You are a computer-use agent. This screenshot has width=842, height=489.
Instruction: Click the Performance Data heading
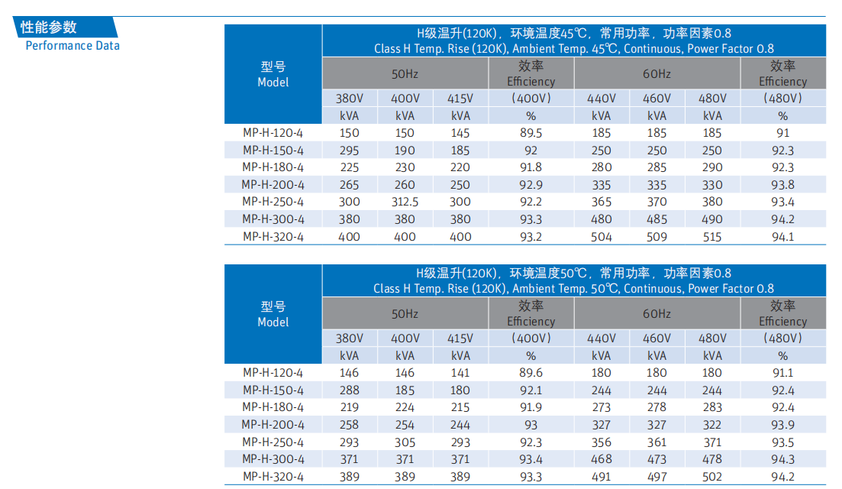pyautogui.click(x=73, y=45)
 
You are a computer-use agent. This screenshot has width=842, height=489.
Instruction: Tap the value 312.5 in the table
pyautogui.click(x=405, y=202)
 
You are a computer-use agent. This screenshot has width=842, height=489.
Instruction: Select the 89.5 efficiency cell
pyautogui.click(x=531, y=133)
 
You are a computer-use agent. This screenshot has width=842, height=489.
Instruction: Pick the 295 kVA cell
pyautogui.click(x=350, y=151)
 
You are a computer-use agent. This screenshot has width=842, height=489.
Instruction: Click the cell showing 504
pyautogui.click(x=601, y=237)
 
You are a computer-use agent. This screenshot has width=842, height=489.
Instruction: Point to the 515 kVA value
pyautogui.click(x=712, y=237)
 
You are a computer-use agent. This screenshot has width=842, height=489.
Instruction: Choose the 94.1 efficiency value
pyautogui.click(x=782, y=237)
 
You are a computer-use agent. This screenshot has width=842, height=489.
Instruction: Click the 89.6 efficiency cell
pyautogui.click(x=531, y=373)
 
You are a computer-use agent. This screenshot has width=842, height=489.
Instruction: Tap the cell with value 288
pyautogui.click(x=350, y=390)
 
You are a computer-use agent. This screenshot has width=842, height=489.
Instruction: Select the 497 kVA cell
pyautogui.click(x=657, y=477)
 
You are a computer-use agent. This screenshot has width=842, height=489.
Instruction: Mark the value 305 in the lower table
pyautogui.click(x=405, y=442)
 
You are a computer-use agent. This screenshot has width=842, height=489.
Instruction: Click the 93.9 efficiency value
pyautogui.click(x=782, y=425)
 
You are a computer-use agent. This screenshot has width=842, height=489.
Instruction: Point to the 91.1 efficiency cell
pyautogui.click(x=782, y=373)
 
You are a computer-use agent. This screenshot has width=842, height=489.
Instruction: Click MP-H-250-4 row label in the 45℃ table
pyautogui.click(x=273, y=202)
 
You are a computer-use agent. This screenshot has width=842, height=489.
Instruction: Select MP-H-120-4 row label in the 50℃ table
pyautogui.click(x=273, y=373)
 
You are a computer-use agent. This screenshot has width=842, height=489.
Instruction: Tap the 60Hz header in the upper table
pyautogui.click(x=657, y=73)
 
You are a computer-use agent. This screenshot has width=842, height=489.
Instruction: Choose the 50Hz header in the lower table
pyautogui.click(x=405, y=313)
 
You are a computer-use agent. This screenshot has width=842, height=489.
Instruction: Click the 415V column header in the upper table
pyautogui.click(x=460, y=99)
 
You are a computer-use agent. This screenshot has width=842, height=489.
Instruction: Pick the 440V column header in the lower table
pyautogui.click(x=601, y=338)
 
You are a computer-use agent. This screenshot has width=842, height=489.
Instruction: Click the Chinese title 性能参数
pyautogui.click(x=49, y=28)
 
